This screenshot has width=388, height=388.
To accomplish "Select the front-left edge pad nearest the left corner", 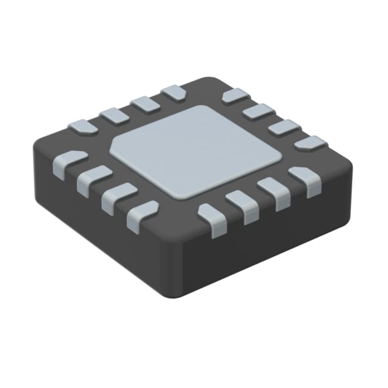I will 72,160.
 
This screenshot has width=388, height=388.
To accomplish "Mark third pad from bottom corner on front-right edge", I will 273,187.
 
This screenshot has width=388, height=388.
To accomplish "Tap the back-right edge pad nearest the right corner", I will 310,143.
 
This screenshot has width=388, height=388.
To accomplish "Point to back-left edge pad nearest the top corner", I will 175,92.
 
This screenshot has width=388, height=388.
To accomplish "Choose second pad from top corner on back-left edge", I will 145,103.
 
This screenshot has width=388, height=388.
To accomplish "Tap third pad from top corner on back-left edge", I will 113,115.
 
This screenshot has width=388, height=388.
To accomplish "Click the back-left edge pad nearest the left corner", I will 82,127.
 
